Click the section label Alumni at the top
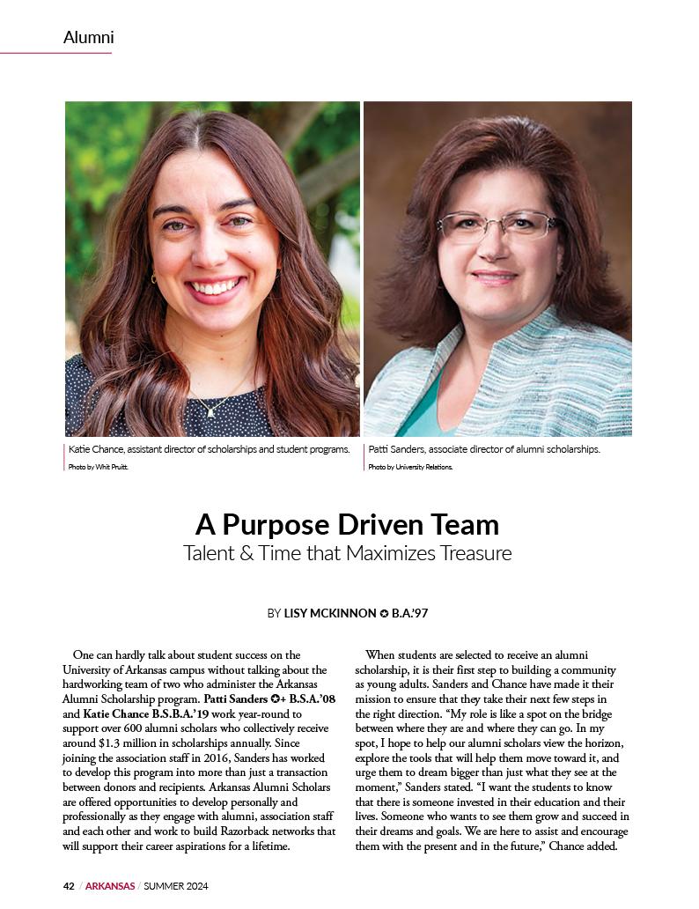tap(88, 38)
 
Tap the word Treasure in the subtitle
tap(468, 554)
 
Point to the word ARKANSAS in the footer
tap(110, 886)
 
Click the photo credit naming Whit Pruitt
tap(98, 467)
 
